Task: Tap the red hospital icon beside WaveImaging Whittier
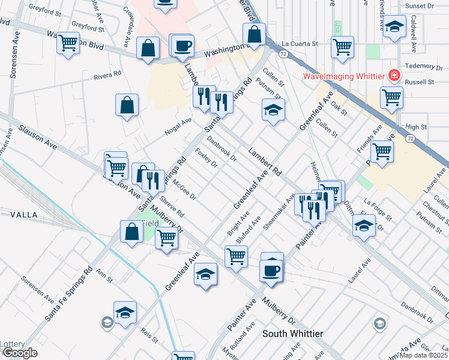click(394, 76)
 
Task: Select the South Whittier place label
click(293, 334)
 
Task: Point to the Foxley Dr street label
click(206, 157)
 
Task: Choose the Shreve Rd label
click(171, 206)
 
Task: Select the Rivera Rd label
click(108, 77)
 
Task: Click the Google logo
click(19, 353)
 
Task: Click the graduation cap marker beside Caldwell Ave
click(394, 27)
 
